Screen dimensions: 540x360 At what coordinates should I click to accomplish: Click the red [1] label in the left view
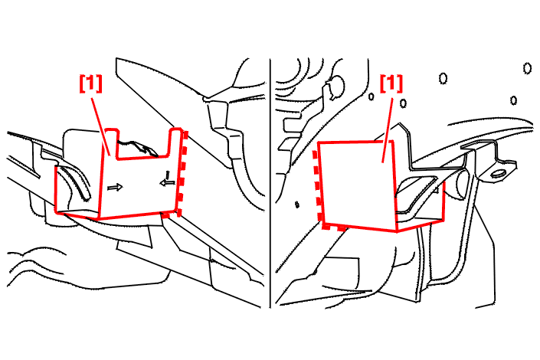tap(91, 83)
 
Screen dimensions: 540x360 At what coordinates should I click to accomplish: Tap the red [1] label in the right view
tap(391, 83)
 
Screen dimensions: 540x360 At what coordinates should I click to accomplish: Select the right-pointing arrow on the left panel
tap(115, 188)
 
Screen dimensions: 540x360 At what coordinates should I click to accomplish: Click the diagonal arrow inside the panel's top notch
tap(146, 149)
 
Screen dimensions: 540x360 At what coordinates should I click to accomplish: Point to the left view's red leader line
tap(100, 126)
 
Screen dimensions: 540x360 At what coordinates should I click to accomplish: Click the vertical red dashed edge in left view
tap(182, 173)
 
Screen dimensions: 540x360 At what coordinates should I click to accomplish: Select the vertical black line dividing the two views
tap(270, 182)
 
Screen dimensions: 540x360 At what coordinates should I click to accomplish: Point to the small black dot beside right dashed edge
tap(297, 205)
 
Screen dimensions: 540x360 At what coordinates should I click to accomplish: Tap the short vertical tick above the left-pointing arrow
tap(168, 175)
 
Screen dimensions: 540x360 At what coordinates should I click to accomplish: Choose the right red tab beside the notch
tap(175, 142)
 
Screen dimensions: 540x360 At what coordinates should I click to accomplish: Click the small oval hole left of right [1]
tap(371, 96)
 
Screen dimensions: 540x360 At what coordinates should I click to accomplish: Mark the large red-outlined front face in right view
tap(357, 185)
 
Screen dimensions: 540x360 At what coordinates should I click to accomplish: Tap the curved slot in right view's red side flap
tap(418, 193)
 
